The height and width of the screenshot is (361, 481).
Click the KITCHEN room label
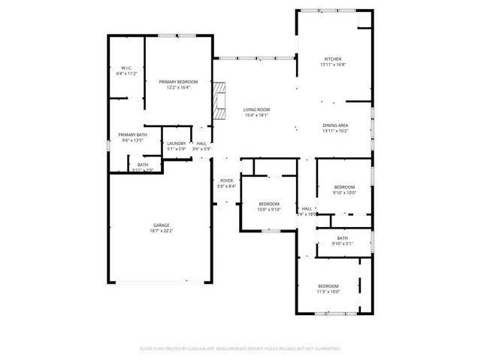[333, 59]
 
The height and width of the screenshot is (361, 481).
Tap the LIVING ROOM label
[256, 110]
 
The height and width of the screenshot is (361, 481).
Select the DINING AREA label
[335, 126]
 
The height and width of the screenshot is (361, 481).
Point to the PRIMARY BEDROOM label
[178, 81]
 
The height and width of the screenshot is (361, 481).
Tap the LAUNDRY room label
[177, 144]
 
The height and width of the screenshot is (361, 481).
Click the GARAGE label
[161, 225]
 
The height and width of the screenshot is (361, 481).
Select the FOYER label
[225, 180]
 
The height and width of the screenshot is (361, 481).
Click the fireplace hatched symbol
[218, 100]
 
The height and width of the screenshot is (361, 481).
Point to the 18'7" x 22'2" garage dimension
[161, 230]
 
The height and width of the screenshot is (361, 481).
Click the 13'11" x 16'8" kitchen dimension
[333, 65]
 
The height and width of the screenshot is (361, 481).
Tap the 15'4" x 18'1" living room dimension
[256, 115]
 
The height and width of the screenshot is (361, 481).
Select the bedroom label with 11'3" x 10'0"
[328, 286]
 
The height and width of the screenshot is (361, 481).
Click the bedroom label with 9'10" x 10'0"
[344, 187]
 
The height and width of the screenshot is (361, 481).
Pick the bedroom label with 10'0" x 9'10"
[269, 204]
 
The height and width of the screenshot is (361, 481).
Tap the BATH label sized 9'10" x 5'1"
[342, 238]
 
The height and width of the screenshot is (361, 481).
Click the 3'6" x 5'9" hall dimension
[201, 149]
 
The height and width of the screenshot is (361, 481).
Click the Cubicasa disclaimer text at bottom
[240, 349]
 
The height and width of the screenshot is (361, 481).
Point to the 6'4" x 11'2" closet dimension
[126, 74]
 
